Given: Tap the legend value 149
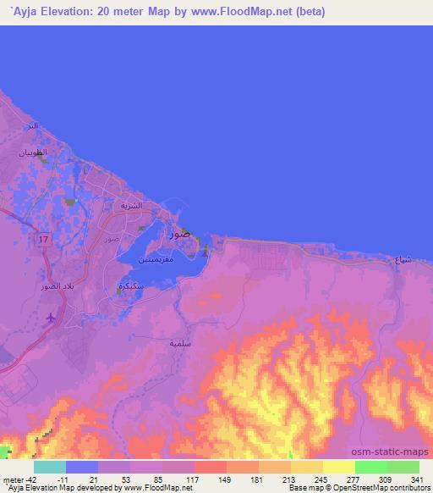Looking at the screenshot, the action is tap(225, 479).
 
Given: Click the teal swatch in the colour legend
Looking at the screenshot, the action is tap(49, 467).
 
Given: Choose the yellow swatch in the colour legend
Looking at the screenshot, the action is tap(338, 467).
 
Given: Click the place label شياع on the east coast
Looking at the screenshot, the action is tap(403, 261).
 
